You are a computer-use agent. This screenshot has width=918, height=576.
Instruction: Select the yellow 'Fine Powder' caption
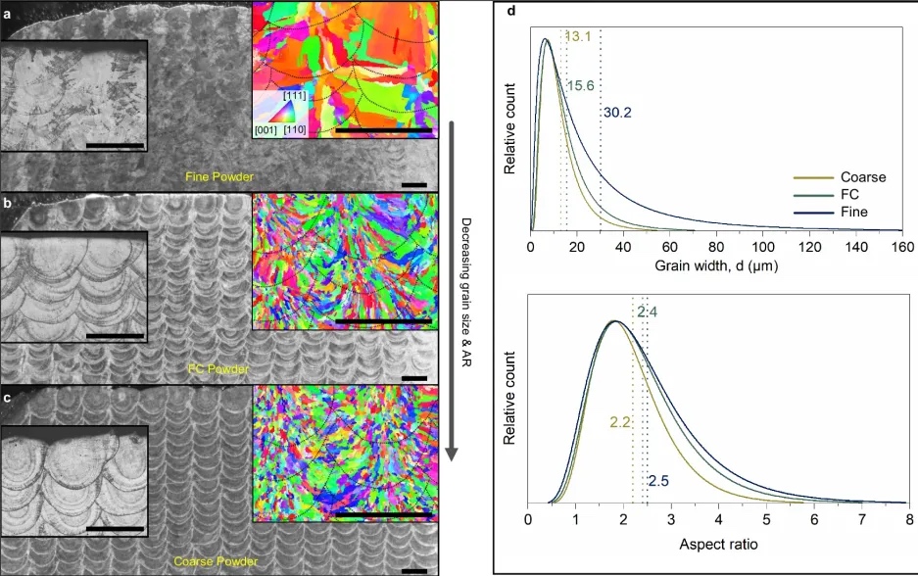(219, 177)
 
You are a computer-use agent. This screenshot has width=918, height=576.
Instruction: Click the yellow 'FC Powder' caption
(218, 369)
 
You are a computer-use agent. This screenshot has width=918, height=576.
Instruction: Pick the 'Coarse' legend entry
(862, 177)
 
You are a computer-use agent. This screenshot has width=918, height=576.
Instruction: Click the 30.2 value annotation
(617, 113)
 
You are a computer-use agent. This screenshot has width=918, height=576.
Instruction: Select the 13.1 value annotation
(579, 36)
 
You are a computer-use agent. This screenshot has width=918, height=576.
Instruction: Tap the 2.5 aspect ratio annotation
(658, 480)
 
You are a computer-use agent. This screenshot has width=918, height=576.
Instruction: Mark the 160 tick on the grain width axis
(901, 247)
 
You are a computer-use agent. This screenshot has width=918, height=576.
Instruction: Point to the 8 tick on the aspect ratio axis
(910, 520)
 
